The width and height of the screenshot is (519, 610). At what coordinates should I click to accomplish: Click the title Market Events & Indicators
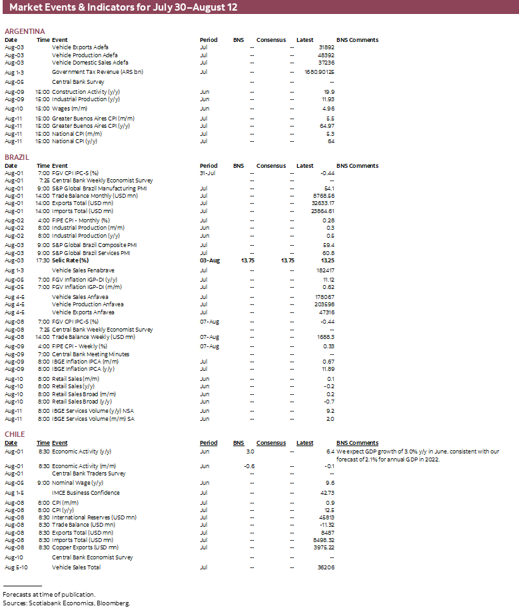(123, 8)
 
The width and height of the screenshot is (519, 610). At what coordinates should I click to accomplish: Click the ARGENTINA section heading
(25, 31)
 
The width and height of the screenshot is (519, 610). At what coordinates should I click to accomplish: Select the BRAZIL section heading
(17, 157)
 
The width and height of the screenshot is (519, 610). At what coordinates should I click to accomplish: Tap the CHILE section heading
(15, 434)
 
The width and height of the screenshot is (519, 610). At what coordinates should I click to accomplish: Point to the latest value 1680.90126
(319, 71)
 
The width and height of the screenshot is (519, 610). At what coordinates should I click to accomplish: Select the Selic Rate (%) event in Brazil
(70, 260)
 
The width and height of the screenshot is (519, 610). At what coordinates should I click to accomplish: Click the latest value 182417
(325, 270)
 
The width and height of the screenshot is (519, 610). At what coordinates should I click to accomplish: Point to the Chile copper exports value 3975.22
(324, 547)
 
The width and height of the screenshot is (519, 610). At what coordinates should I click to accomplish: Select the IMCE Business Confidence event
(86, 493)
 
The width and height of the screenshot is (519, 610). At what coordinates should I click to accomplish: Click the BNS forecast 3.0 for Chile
(249, 452)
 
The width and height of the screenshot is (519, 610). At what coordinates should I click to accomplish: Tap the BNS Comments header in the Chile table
(357, 443)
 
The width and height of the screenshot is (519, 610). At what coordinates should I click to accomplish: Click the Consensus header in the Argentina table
(271, 40)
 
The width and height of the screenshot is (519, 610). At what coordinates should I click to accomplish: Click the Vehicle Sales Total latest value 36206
(326, 567)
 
